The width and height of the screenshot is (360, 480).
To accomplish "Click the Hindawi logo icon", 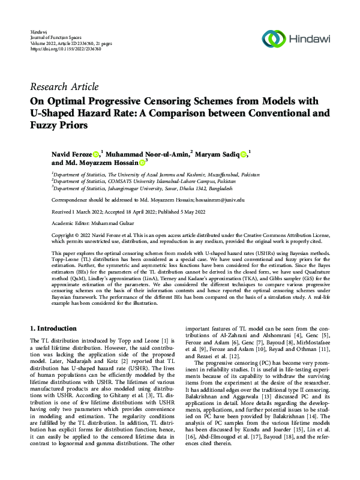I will [275, 40].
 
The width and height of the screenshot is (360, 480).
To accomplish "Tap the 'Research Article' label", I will [64, 87].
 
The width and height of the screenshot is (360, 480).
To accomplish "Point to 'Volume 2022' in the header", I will [43, 43].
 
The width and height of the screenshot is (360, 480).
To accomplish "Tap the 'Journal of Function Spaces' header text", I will [56, 37].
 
